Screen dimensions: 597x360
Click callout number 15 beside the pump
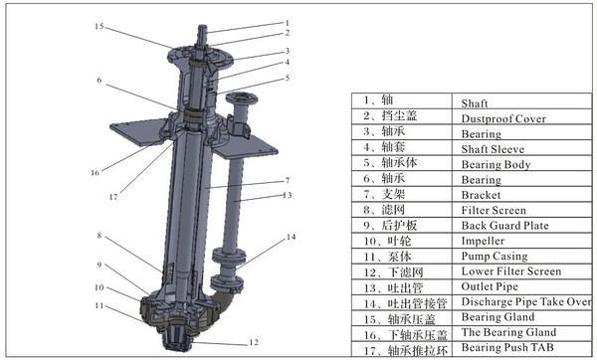point(99,26)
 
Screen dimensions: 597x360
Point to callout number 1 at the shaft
point(288,23)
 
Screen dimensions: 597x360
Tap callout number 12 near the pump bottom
point(254,342)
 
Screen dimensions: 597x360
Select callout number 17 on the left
point(113,197)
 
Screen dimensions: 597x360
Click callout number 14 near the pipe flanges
point(291,237)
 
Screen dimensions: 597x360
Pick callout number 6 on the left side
point(99,80)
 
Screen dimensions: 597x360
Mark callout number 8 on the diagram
point(99,236)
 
